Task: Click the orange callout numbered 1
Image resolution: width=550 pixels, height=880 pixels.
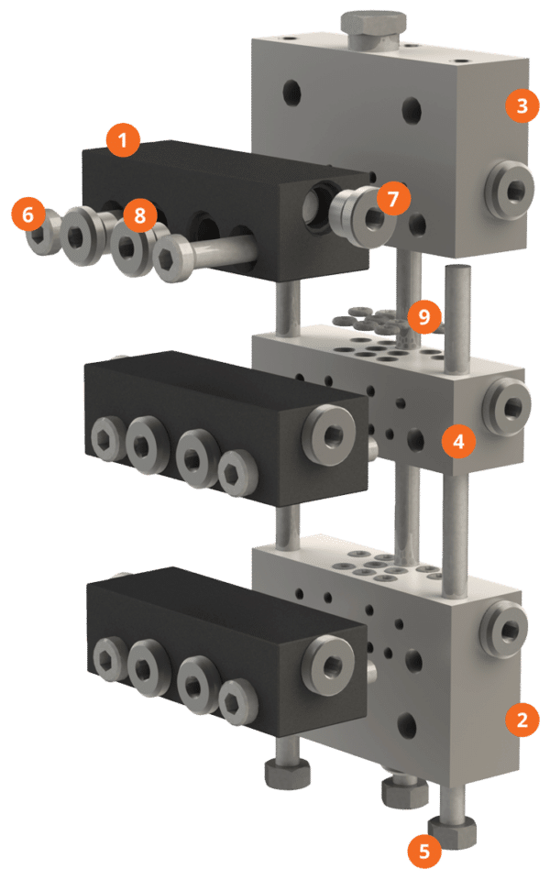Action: pyautogui.click(x=122, y=141)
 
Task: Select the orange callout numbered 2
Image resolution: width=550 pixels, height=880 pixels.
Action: pyautogui.click(x=522, y=719)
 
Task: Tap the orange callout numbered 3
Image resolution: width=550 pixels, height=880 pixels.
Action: pyautogui.click(x=522, y=105)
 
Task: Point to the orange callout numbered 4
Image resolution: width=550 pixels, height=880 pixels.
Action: pyautogui.click(x=458, y=442)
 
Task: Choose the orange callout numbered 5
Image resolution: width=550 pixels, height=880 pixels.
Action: pyautogui.click(x=423, y=851)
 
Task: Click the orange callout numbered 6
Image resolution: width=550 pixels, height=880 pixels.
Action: pyautogui.click(x=27, y=215)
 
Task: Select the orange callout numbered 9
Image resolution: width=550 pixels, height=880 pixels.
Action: pyautogui.click(x=423, y=317)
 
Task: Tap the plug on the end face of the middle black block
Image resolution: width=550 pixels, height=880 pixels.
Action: pyautogui.click(x=330, y=431)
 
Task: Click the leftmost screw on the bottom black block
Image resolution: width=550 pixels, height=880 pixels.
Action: pyautogui.click(x=108, y=654)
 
